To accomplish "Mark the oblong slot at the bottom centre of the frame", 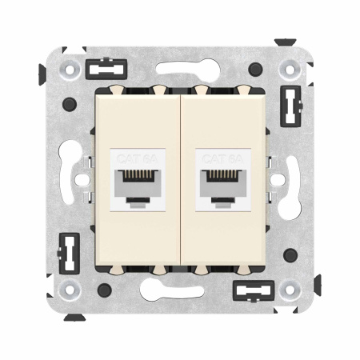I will click(x=181, y=290).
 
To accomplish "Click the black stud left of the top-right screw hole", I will click(x=255, y=70).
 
